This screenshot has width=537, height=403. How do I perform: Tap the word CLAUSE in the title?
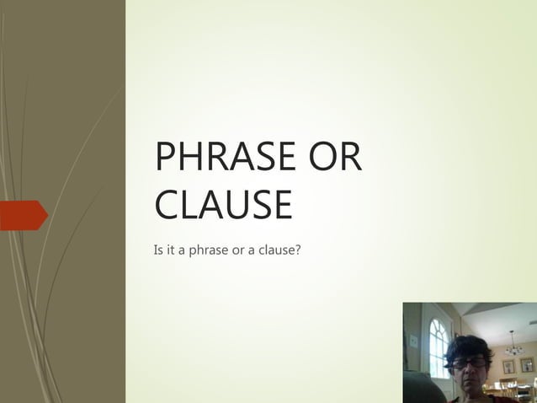pyautogui.click(x=223, y=205)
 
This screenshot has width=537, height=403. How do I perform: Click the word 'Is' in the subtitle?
pyautogui.click(x=158, y=250)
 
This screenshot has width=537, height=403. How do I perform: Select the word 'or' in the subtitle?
pyautogui.click(x=238, y=250)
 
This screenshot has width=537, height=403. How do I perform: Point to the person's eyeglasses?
pyautogui.click(x=469, y=363)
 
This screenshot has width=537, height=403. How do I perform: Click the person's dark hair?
pyautogui.click(x=468, y=345)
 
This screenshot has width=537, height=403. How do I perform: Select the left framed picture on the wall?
pyautogui.click(x=508, y=366)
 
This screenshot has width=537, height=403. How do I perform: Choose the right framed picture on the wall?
pyautogui.click(x=527, y=366)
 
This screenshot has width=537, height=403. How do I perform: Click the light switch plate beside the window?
pyautogui.click(x=413, y=341)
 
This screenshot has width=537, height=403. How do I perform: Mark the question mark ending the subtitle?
pyautogui.click(x=298, y=250)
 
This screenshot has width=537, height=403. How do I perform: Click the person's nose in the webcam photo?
pyautogui.click(x=468, y=369)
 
